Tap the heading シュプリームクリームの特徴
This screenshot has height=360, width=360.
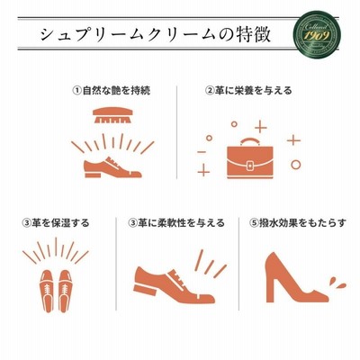click(156, 35)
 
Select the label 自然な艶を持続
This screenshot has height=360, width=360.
click(116, 90)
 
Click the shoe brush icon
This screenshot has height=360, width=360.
click(112, 115)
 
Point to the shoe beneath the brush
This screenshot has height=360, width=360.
click(112, 167)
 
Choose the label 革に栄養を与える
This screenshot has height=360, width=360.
click(253, 90)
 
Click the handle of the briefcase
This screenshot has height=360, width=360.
click(250, 142)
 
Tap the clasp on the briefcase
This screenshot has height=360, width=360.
click(250, 166)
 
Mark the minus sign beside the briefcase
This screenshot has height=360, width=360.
click(202, 152)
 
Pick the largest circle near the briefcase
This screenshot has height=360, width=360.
click(296, 165)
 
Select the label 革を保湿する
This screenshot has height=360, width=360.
click(60, 223)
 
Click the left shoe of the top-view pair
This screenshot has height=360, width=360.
click(47, 291)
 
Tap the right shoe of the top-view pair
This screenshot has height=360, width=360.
click(65, 291)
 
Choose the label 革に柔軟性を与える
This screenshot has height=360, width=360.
click(181, 223)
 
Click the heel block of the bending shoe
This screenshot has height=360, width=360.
click(145, 290)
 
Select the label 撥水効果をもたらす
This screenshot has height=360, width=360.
click(302, 223)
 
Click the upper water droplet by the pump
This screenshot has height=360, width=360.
click(332, 282)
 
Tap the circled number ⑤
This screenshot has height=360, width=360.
click(255, 223)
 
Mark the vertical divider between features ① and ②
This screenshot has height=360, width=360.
click(176, 132)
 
